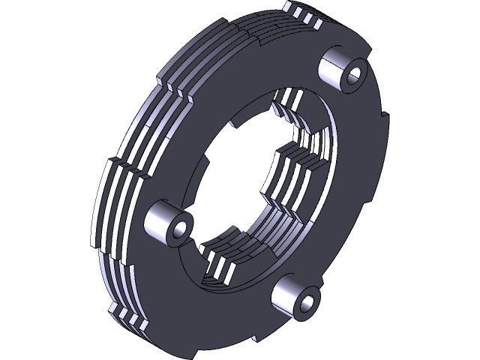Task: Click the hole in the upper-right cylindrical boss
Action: coord(354,73)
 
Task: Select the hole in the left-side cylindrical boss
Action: coord(178,229)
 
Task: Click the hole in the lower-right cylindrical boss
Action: coord(307,304)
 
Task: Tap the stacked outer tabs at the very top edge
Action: coord(303,15)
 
